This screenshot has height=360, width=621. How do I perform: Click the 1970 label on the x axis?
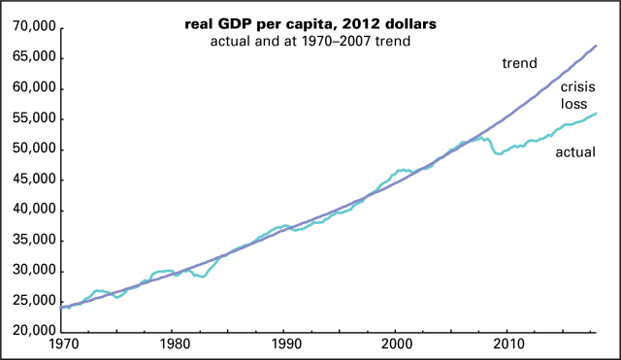click(62, 344)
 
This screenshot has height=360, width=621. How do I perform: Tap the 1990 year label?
click(284, 344)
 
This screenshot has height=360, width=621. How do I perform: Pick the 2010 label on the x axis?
click(507, 344)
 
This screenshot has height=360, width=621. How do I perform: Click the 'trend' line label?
click(519, 64)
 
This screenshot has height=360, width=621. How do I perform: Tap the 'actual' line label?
click(574, 151)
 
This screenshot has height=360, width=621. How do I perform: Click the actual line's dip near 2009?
click(500, 153)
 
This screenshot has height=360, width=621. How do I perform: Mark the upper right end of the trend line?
click(596, 46)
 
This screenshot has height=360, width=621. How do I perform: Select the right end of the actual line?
click(596, 114)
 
